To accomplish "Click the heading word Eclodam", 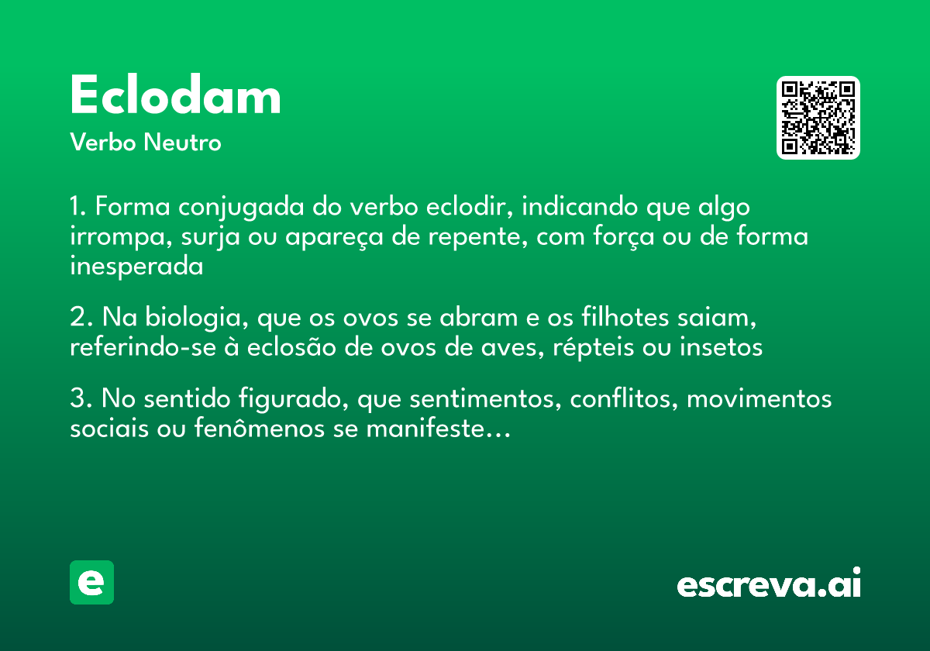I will pos(175,97).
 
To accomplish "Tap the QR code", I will pos(818,118).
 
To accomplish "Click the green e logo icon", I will pos(91,582).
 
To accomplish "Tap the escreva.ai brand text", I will pos(769,584).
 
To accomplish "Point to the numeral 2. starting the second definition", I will pos(81,319).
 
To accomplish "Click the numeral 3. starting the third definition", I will pos(81,400).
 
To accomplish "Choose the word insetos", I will pos(722,348).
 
